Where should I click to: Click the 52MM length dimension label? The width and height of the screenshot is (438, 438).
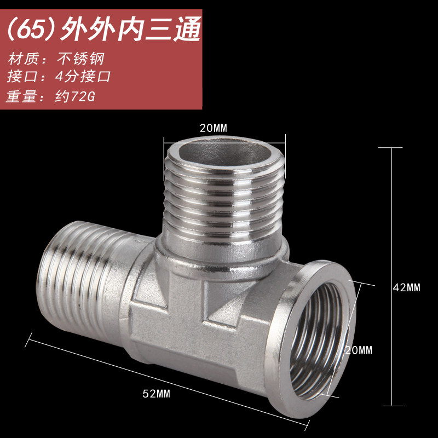[x=156, y=394]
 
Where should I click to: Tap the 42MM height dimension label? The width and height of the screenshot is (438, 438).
[x=406, y=288]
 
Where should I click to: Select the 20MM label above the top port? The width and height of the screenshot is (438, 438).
[x=214, y=128]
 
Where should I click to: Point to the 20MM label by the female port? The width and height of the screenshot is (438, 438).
[x=359, y=350]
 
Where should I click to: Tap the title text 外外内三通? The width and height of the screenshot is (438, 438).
[x=130, y=30]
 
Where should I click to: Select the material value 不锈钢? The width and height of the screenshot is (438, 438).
[x=80, y=59]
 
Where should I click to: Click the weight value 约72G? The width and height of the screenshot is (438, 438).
[x=74, y=97]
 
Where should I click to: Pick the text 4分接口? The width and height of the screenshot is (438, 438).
[x=83, y=76]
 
